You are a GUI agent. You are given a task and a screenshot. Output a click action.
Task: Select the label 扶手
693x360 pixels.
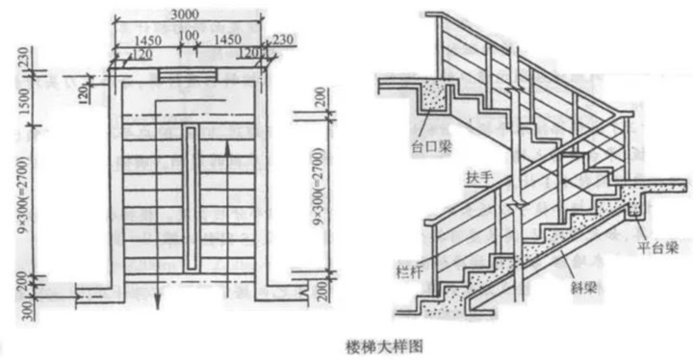click(x=476, y=178)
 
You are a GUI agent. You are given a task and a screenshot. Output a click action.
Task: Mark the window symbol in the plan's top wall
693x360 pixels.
click(x=189, y=75)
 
